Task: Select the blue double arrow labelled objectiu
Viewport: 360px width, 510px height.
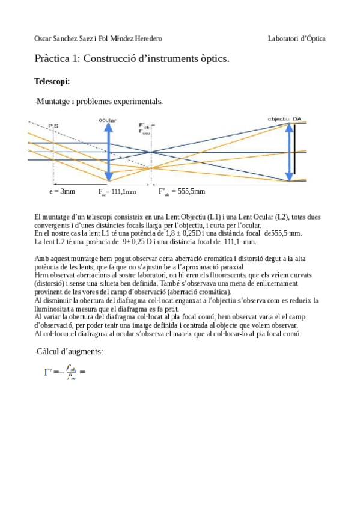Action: [289, 150]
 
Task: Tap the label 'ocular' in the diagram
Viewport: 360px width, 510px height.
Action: [108, 121]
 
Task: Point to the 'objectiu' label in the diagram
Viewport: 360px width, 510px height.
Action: [279, 119]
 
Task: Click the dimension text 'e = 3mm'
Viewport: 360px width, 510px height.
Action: [62, 191]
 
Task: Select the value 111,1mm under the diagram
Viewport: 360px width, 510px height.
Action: [124, 191]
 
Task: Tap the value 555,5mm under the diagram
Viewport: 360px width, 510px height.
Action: [191, 191]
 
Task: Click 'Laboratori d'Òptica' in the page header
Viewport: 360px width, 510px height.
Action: [297, 38]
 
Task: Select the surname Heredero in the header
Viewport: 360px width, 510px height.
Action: [145, 38]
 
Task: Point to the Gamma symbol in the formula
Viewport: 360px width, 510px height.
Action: [47, 371]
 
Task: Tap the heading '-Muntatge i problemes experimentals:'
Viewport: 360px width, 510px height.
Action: [99, 101]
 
